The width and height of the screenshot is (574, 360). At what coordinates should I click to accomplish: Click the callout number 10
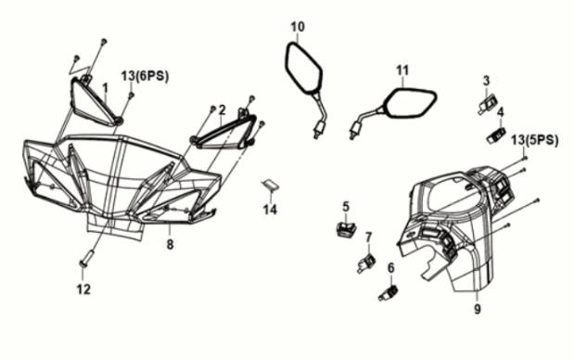pyautogui.click(x=298, y=27)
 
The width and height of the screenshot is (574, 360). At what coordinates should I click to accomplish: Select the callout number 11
pyautogui.click(x=402, y=71)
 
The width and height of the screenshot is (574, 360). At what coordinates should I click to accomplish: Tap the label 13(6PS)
pyautogui.click(x=146, y=76)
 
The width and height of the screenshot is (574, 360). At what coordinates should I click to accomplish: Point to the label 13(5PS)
pyautogui.click(x=535, y=140)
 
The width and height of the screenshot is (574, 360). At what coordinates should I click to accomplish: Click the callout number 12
pyautogui.click(x=83, y=289)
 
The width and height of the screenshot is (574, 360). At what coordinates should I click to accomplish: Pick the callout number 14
pyautogui.click(x=270, y=210)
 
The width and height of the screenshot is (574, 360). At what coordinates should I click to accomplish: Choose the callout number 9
pyautogui.click(x=478, y=310)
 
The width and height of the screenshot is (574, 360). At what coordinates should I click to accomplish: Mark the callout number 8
pyautogui.click(x=170, y=244)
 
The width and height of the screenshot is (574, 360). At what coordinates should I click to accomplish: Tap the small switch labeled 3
pyautogui.click(x=488, y=103)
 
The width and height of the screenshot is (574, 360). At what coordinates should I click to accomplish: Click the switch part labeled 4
pyautogui.click(x=496, y=135)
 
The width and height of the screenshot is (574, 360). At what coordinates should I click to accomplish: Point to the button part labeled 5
pyautogui.click(x=346, y=229)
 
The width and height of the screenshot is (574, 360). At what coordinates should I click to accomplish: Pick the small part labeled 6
pyautogui.click(x=388, y=293)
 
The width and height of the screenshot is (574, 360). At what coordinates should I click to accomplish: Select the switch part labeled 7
pyautogui.click(x=366, y=263)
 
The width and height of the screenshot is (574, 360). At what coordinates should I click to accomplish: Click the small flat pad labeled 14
pyautogui.click(x=270, y=186)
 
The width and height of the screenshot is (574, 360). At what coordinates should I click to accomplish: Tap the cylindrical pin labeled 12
pyautogui.click(x=87, y=258)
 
